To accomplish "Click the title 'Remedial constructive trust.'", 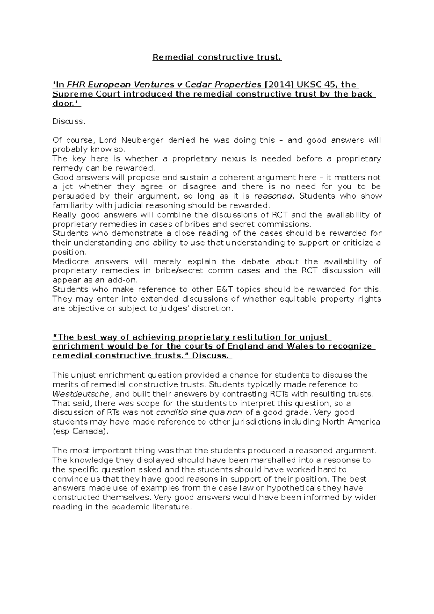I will [x=217, y=57].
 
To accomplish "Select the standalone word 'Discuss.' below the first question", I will [x=69, y=121].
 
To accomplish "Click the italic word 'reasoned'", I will [x=273, y=196].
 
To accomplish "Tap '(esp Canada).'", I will [x=80, y=431].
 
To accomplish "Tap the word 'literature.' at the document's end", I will [x=172, y=507].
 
